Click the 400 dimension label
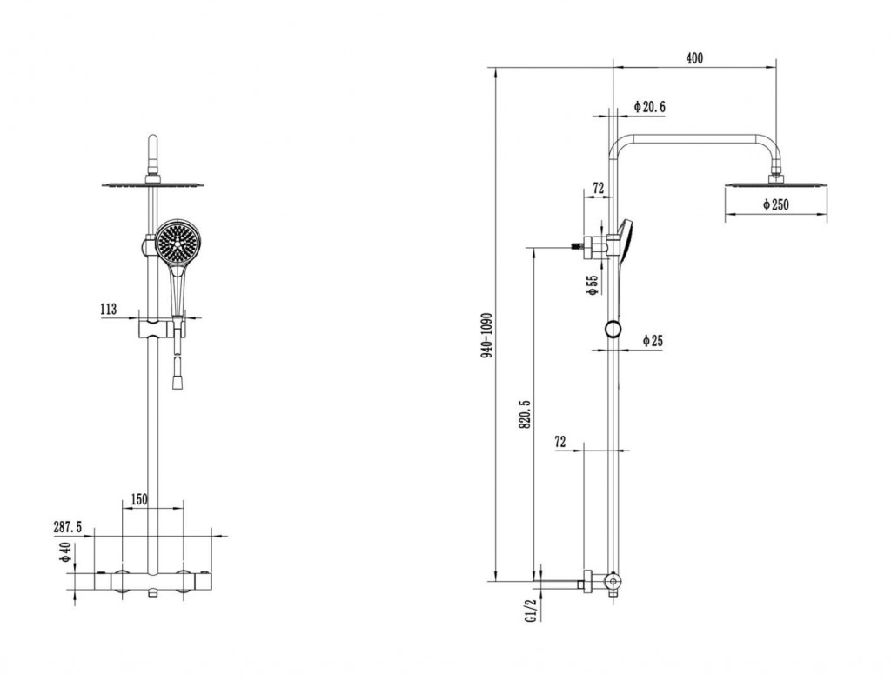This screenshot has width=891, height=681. tap(694, 58)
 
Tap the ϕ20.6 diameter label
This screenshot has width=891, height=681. tap(649, 106)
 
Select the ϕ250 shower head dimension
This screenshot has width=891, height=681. tap(775, 204)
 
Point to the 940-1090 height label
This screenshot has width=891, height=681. tap(487, 335)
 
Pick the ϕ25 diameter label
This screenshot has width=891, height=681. tap(653, 341)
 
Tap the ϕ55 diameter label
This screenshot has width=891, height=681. tap(593, 284)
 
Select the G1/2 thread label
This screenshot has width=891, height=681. tap(532, 610)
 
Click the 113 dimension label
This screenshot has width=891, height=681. tap(108, 309)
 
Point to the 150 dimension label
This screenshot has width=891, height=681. tap(138, 499)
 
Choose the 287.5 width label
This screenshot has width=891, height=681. tap(68, 527)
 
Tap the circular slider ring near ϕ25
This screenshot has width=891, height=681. tap(613, 330)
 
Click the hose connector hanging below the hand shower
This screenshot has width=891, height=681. tap(178, 372)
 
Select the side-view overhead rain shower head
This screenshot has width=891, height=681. tap(775, 184)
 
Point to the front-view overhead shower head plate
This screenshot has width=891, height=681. tap(153, 184)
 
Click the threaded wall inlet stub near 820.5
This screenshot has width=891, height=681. tap(578, 246)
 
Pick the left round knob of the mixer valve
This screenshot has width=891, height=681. tap(121, 580)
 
